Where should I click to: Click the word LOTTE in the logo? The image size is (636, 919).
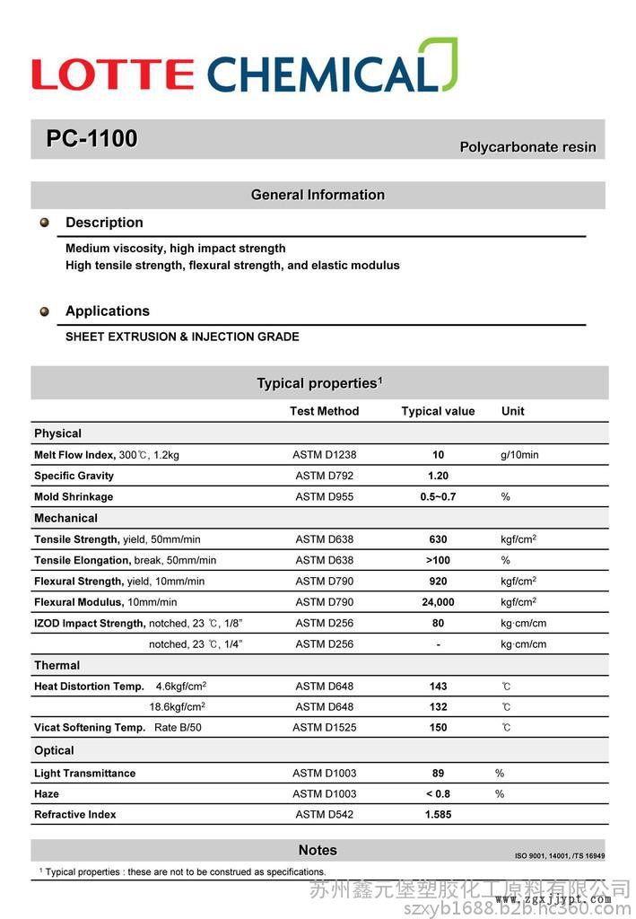coord(112,74)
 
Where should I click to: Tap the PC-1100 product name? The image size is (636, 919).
coord(91,139)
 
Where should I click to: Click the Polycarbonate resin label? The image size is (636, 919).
coord(527,147)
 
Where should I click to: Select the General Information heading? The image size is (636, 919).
coord(318,195)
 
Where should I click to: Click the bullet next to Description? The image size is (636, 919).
coord(44,223)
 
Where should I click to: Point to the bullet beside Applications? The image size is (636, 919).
coord(44,311)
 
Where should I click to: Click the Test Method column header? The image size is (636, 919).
coord(324,411)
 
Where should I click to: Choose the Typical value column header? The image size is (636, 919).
coord(438,411)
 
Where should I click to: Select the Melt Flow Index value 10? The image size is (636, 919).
coord(438,455)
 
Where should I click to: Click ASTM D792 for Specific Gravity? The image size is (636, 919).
coord(324,476)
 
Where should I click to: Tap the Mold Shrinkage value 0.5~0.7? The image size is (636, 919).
coord(438,496)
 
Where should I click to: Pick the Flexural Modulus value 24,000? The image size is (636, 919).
coord(438,602)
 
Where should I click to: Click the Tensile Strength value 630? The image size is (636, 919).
coord(438,539)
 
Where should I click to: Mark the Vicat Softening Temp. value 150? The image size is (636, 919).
coord(438,728)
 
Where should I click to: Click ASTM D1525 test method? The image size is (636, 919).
coord(324,728)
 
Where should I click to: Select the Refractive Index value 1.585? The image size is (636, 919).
coord(438,815)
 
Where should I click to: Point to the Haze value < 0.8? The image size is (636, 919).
coord(438,794)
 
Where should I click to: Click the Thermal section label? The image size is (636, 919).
coord(57,665)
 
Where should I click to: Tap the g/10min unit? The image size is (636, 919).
coord(519,455)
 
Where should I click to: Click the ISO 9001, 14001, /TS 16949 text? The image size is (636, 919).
coord(560,856)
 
